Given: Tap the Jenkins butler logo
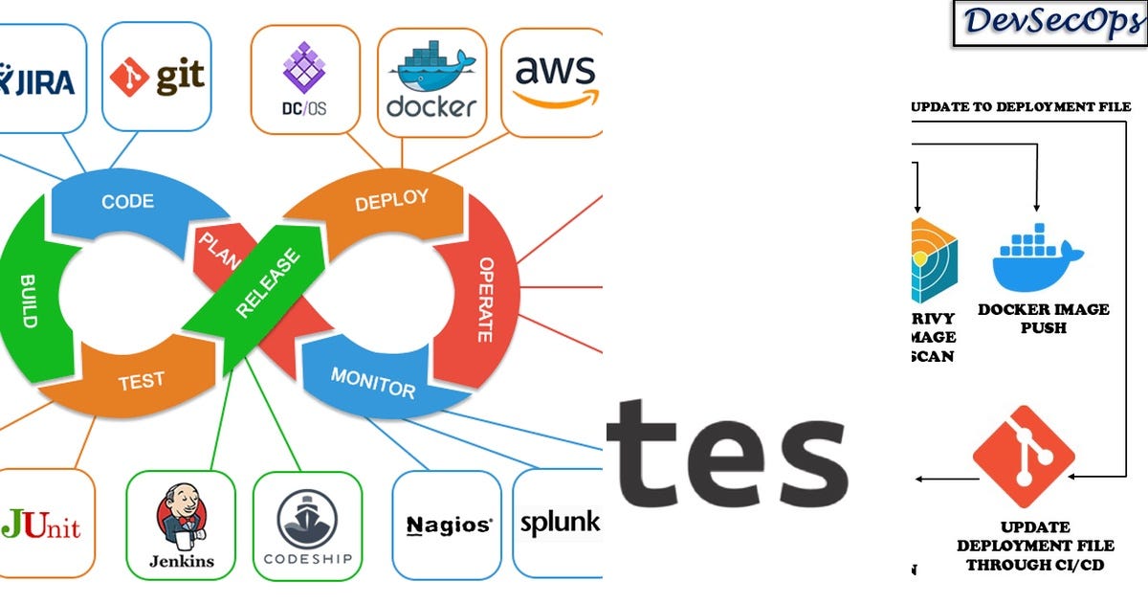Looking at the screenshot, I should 180,522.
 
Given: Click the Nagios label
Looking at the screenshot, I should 449,525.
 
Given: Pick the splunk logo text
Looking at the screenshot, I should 559,523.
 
